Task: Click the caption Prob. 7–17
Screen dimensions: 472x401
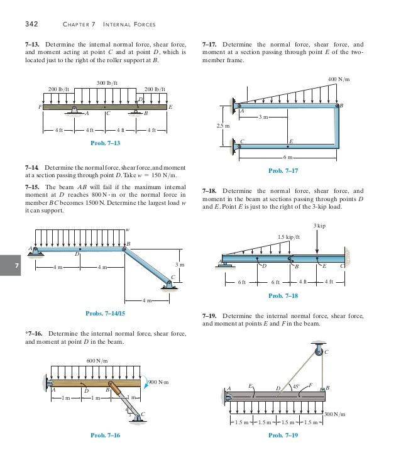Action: [x=283, y=170]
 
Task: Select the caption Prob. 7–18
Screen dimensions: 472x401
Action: [x=283, y=295]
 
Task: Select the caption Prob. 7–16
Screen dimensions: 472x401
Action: [x=106, y=435]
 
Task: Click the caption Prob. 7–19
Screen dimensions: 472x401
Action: [x=283, y=435]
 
